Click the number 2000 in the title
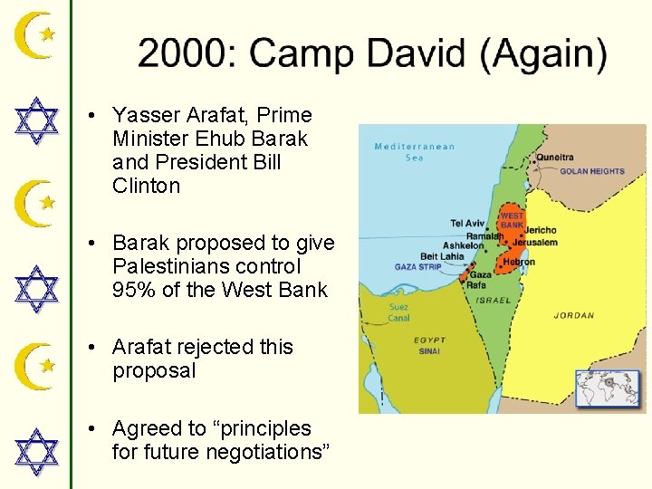click(182, 53)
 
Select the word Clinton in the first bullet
click(147, 186)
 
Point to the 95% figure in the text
click(134, 291)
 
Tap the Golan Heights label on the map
click(591, 171)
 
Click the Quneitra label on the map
click(554, 157)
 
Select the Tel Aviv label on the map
click(469, 224)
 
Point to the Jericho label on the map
click(541, 230)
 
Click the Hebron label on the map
click(519, 263)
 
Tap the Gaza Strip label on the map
click(417, 267)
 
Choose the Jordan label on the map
click(574, 316)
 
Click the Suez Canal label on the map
click(398, 312)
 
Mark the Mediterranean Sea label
click(414, 152)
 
